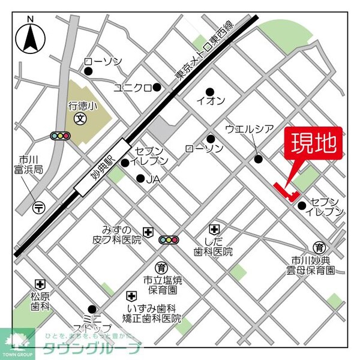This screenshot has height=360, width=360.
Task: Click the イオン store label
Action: pyautogui.click(x=211, y=100)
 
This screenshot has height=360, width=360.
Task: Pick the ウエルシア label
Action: pyautogui.click(x=249, y=129)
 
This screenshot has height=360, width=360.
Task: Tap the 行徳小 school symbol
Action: pyautogui.click(x=79, y=119)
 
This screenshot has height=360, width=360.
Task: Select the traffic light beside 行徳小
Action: pyautogui.click(x=60, y=136)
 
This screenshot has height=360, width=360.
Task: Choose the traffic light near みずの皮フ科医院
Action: pyautogui.click(x=169, y=240)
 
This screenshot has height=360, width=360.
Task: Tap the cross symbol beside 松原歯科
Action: pyautogui.click(x=40, y=284)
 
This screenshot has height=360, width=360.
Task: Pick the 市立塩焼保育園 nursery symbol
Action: pyautogui.click(x=161, y=267)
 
